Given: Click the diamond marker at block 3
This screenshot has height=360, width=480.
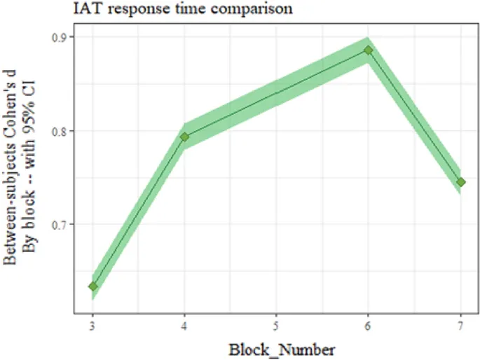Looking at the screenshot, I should point(92,286).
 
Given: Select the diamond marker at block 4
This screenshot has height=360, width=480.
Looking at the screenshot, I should point(184,137).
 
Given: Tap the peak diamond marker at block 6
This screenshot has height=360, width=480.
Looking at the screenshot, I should point(368,50).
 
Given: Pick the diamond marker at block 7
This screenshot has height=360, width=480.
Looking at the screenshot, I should point(460,182).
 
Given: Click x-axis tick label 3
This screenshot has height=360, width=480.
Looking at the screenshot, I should point(92,327).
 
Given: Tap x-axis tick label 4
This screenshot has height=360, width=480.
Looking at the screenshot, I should point(184,327).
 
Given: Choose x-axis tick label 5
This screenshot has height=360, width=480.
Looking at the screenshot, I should point(276,327).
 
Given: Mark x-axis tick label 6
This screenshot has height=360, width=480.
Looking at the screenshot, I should point(368,327).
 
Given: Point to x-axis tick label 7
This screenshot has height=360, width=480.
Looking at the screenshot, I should point(460,327).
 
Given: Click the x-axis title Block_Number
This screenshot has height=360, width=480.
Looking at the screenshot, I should point(275,348).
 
